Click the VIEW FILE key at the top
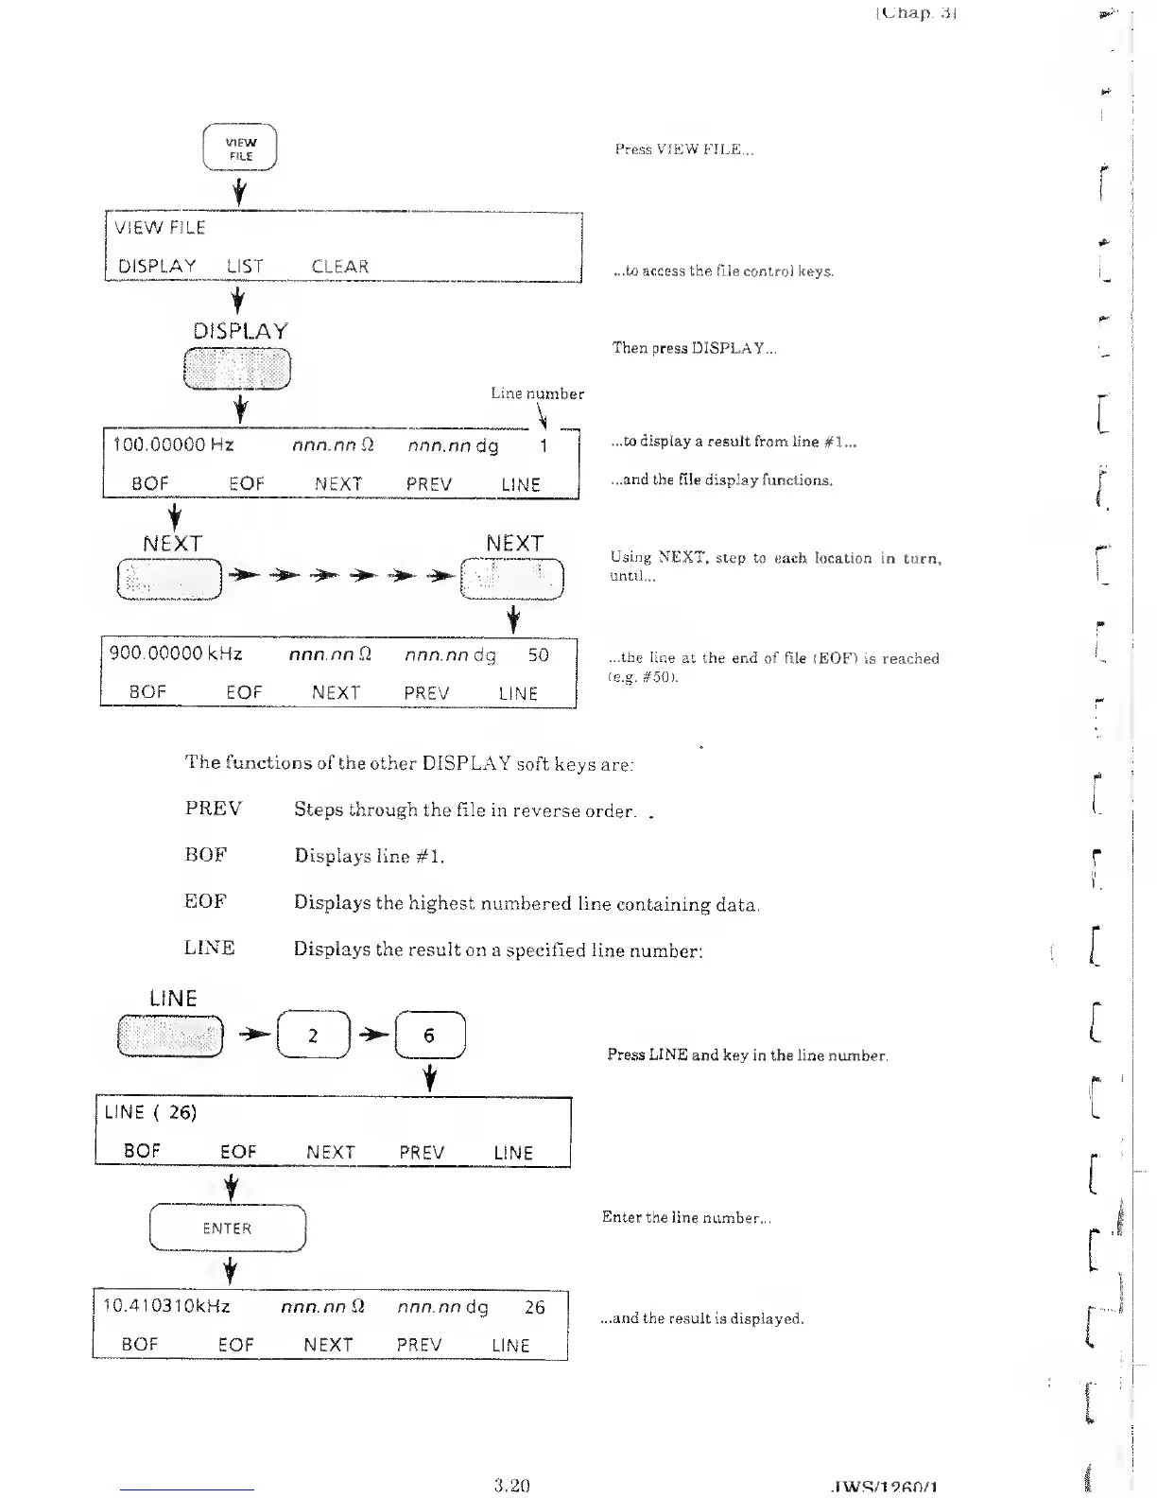coord(240,148)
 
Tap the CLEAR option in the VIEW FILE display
coord(339,267)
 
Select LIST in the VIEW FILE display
coord(244,267)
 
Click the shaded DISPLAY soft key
coord(237,369)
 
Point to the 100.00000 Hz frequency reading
coord(173,444)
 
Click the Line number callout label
coord(537,393)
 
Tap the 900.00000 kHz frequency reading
coord(176,653)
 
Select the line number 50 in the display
coord(538,654)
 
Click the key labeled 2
coord(313,1035)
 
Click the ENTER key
coord(228,1228)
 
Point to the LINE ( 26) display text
coord(150,1112)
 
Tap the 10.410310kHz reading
coord(166,1306)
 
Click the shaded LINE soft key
coord(170,1035)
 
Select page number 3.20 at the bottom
coord(511,1485)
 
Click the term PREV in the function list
coord(213,809)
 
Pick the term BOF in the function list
coord(206,855)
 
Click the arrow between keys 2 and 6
coord(372,1035)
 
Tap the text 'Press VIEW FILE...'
coord(683,149)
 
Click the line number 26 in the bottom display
coord(534,1307)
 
